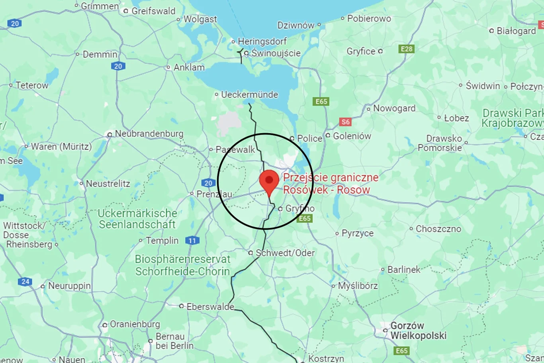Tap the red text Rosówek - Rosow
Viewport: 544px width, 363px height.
[327, 190]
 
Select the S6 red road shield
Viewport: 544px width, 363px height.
[345, 122]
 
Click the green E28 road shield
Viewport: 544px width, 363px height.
[407, 49]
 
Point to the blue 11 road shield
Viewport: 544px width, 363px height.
[192, 241]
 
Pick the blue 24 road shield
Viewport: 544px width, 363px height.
[25, 282]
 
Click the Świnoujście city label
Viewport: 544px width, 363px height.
[276, 53]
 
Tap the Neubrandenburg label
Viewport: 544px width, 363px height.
[149, 133]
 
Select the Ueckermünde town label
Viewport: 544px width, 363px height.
[249, 95]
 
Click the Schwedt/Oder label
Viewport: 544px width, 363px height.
[285, 253]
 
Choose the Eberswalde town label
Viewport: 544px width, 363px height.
[210, 306]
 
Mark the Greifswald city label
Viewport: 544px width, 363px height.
[153, 11]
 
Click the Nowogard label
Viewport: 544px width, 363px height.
[394, 108]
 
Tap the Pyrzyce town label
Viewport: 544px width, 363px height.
[358, 233]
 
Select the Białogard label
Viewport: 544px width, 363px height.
[516, 31]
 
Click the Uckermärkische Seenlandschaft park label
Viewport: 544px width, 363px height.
[137, 219]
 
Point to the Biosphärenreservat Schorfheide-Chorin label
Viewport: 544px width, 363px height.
[182, 265]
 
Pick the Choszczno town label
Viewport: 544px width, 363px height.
[438, 229]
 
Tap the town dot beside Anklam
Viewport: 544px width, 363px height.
[168, 67]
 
